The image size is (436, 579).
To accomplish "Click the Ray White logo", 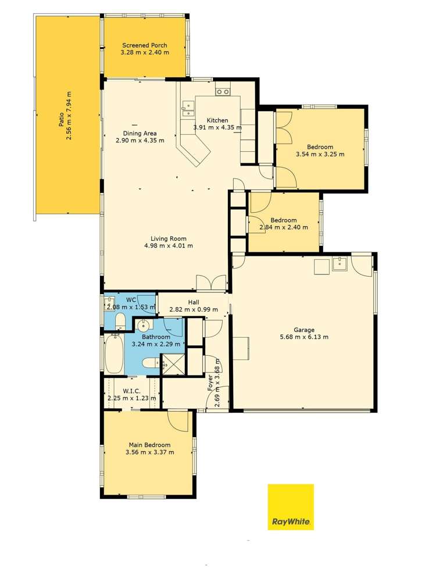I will click(x=290, y=506).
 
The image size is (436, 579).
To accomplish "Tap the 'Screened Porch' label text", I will click(x=144, y=45).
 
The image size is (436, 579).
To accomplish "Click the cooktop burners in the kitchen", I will click(x=222, y=91).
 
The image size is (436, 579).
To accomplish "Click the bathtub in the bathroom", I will click(x=114, y=355).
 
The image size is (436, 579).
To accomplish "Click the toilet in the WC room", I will click(x=120, y=321).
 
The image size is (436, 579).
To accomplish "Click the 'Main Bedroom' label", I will click(x=149, y=445).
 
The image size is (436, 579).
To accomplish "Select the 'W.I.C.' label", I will click(x=132, y=391).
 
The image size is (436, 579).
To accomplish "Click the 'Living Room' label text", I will click(x=168, y=238).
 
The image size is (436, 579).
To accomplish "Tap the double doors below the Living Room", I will click(x=211, y=283).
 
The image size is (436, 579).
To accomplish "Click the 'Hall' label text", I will click(x=194, y=302).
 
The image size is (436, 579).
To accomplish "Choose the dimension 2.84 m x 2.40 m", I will click(x=284, y=227).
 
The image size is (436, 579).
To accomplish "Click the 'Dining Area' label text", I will click(x=140, y=133).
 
